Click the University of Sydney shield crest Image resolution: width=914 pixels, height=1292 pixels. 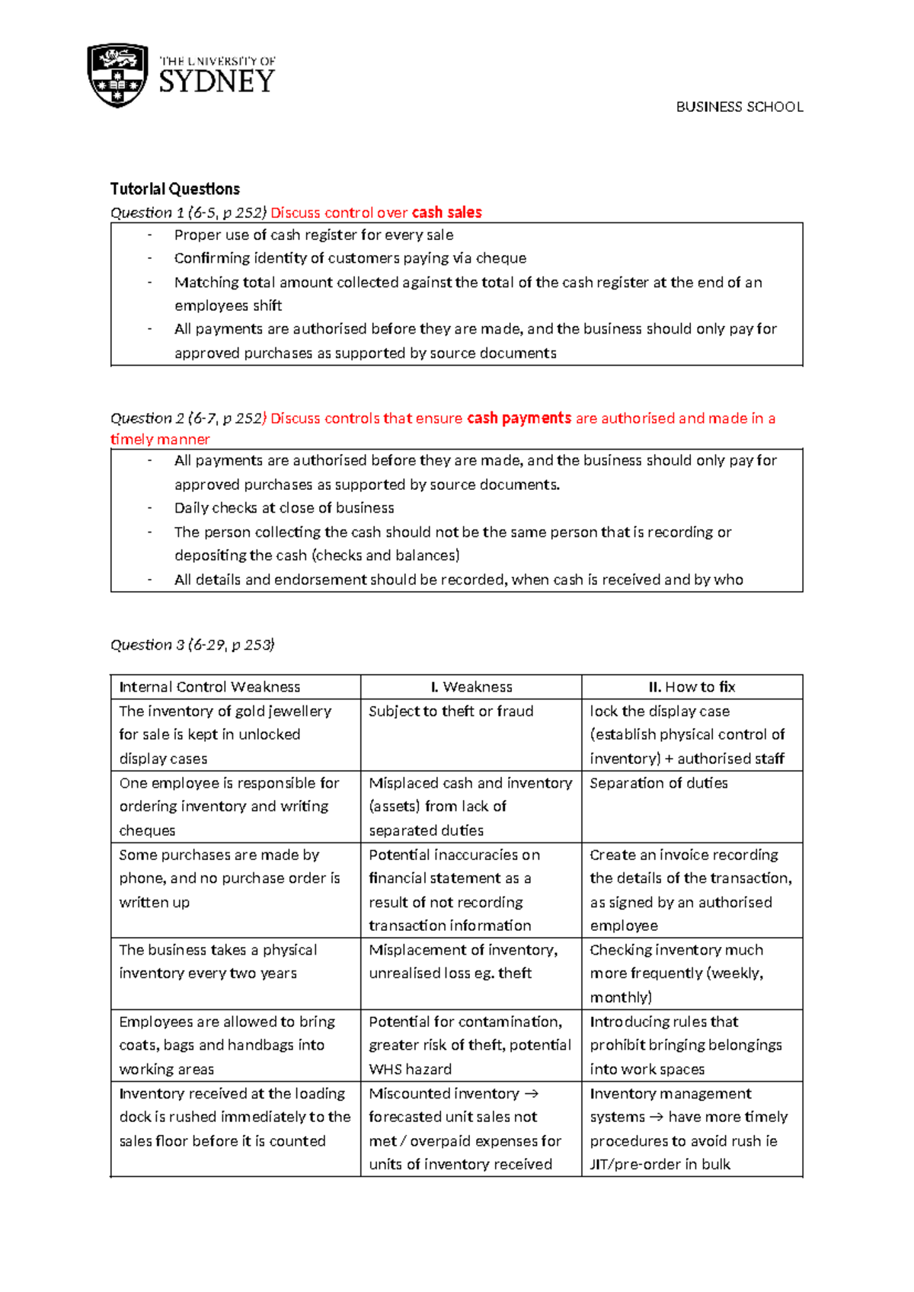[x=117, y=75]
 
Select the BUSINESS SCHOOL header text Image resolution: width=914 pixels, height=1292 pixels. [x=739, y=107]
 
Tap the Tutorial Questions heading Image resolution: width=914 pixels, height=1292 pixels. [x=175, y=189]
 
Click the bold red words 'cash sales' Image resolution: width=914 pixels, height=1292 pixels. [x=446, y=213]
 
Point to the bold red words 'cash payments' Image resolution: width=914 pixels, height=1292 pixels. [x=519, y=418]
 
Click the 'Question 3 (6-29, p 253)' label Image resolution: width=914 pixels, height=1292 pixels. [x=193, y=644]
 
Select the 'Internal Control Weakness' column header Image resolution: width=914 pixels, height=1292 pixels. [x=209, y=687]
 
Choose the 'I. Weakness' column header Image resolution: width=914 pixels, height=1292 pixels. [x=471, y=687]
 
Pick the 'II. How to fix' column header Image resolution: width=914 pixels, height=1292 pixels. [x=692, y=687]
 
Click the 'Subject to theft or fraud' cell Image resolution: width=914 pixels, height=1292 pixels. [x=451, y=712]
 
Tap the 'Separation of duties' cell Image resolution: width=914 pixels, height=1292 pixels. [x=659, y=783]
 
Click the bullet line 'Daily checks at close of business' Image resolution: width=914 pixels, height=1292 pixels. [x=284, y=508]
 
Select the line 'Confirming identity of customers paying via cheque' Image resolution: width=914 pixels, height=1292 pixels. [x=350, y=258]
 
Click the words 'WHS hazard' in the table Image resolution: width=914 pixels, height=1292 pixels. [x=411, y=1069]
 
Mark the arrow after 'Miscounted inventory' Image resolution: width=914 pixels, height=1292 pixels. [x=531, y=1094]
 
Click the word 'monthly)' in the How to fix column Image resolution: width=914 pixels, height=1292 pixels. [x=621, y=997]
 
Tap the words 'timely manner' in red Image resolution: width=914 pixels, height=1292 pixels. [x=160, y=440]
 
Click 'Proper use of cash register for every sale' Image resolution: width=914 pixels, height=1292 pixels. [x=314, y=235]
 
